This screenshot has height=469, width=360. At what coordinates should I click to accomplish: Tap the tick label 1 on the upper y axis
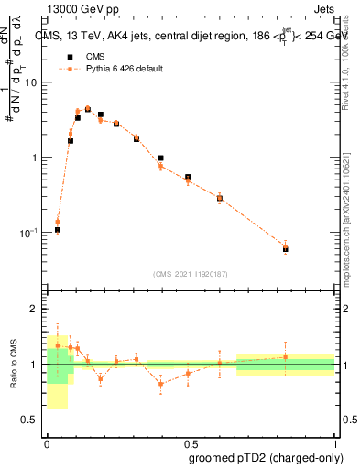point(36,158)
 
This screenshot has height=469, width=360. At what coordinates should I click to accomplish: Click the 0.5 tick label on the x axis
point(190,442)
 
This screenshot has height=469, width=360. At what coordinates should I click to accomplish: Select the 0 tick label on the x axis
point(47,442)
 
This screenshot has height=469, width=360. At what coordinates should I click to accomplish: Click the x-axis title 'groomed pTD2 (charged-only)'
point(263,457)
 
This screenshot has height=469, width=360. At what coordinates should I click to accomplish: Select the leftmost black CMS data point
point(57,230)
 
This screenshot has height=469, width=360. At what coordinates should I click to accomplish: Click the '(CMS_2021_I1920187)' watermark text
point(191,273)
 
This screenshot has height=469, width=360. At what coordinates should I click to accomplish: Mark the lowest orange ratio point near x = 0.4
point(161,384)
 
